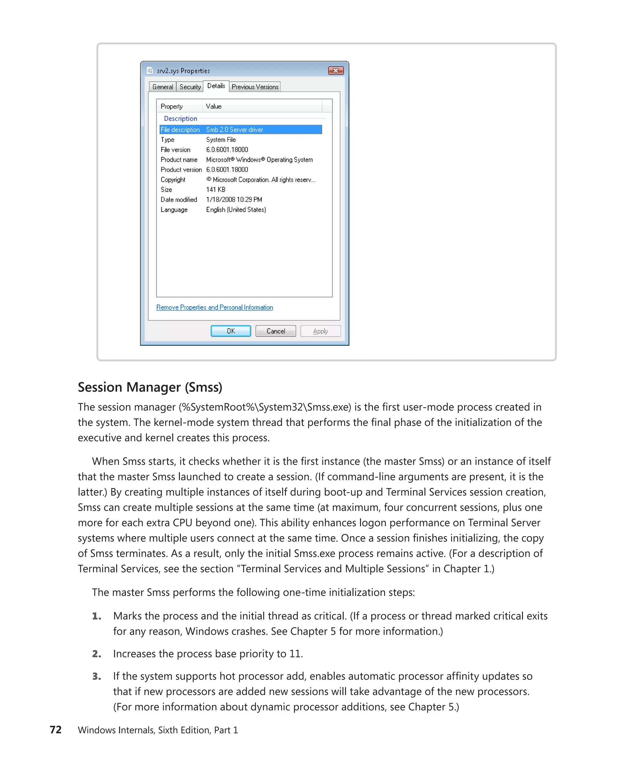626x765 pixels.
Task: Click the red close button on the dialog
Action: tap(335, 70)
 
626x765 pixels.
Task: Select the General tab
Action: tap(162, 87)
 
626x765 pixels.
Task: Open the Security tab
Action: tap(190, 87)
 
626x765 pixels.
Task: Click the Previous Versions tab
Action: tap(255, 87)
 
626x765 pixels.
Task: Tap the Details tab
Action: tap(216, 86)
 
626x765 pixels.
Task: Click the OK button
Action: tap(230, 331)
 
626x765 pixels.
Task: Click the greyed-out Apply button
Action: tap(320, 331)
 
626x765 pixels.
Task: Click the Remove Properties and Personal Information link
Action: tap(214, 307)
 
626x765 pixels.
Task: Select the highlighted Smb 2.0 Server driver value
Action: tap(234, 130)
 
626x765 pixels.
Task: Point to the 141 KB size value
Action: tap(215, 189)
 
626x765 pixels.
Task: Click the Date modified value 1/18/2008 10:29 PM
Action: tap(234, 200)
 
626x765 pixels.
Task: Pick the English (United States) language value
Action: tap(236, 210)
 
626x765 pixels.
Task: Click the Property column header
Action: tap(172, 106)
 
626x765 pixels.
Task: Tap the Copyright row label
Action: tap(173, 179)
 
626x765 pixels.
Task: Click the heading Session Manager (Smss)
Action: tap(150, 387)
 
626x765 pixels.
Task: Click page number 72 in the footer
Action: tap(56, 729)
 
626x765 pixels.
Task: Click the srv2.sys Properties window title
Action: tap(183, 71)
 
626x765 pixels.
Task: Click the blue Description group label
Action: tap(180, 118)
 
